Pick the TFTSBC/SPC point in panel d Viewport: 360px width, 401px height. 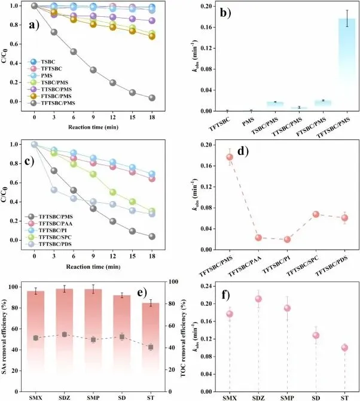pos(316,214)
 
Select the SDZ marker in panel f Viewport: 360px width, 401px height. pos(258,299)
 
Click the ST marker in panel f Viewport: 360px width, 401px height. pos(344,348)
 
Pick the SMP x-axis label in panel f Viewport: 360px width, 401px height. pos(287,397)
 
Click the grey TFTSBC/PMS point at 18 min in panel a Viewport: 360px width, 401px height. pos(152,98)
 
